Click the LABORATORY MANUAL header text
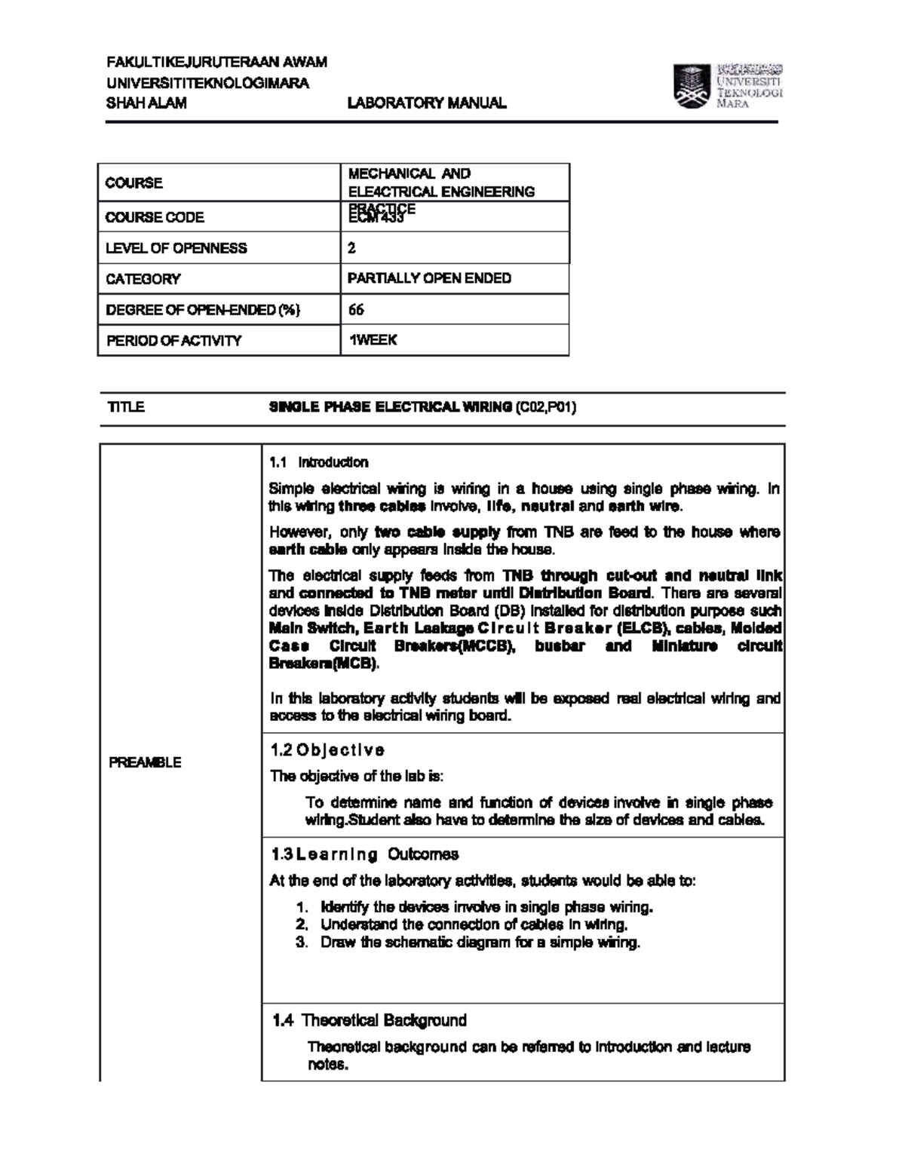coord(426,103)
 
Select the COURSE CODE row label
coord(155,217)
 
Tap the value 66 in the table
coord(356,309)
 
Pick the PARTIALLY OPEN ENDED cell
coord(429,278)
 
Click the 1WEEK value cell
coord(373,340)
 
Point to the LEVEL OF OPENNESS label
coord(176,248)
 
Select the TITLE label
coord(126,407)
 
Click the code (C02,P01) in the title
coord(546,407)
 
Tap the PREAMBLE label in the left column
coord(145,762)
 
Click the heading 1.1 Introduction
coord(319,462)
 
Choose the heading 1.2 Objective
coord(327,750)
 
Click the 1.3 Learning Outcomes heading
coord(364,854)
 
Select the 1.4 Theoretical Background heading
coord(369,1020)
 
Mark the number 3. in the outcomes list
coord(302,943)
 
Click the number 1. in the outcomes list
coord(302,907)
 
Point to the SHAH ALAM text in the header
coord(146,103)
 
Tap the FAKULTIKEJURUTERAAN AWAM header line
coord(216,62)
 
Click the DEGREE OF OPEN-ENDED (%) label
coord(203,310)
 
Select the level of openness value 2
coord(351,248)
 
